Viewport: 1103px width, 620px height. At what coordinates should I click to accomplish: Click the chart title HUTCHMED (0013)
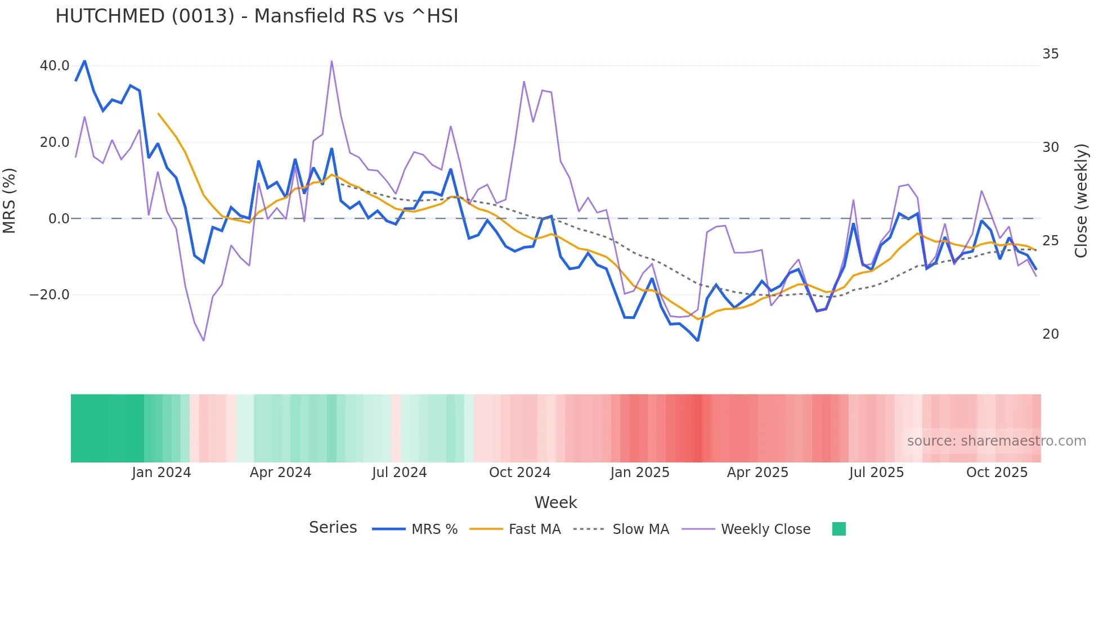coord(257,16)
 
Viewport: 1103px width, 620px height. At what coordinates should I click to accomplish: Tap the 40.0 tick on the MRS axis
coord(55,66)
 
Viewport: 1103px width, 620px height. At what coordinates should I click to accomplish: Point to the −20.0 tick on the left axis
coord(50,295)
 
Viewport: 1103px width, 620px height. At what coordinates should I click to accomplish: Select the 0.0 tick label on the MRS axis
coord(59,219)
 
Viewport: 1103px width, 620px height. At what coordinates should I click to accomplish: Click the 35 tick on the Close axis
coord(1050,54)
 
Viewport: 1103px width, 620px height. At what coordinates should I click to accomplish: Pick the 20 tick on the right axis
coord(1050,334)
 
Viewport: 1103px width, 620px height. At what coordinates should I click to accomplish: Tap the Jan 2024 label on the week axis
coord(162,473)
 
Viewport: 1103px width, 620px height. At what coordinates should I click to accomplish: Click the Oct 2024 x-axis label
coord(519,473)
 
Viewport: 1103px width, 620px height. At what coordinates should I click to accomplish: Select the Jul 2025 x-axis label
coord(876,473)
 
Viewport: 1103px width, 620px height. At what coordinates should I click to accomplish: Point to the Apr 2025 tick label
coord(757,473)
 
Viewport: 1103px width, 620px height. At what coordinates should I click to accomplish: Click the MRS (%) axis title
coord(10,201)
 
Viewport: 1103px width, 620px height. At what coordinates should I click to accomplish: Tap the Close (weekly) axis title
coord(1080,201)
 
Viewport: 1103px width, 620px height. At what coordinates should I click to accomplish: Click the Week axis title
coord(555,502)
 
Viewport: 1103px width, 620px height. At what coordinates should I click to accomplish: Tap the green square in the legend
coord(839,529)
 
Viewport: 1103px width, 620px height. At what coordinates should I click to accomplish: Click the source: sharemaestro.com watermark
coord(996,441)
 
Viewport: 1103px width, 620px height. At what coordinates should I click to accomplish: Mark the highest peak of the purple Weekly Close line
coord(331,61)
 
